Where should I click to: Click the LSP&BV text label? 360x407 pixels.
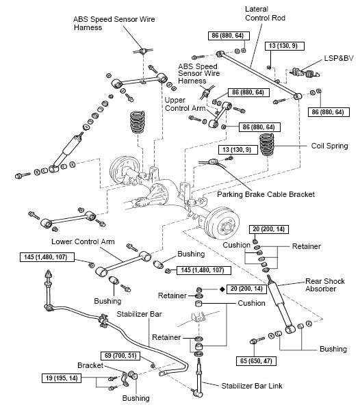tap(339, 58)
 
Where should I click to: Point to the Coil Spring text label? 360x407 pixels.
tap(329, 146)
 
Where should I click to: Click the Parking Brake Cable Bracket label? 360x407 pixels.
tap(266, 194)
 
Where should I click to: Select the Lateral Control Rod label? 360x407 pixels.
tap(265, 14)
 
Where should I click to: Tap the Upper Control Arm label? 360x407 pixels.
tap(185, 104)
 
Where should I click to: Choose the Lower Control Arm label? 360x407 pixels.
tap(83, 241)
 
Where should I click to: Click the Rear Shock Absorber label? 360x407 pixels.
tap(325, 285)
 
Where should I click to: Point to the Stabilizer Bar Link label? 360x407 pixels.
tap(251, 386)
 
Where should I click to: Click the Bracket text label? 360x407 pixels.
tap(90, 365)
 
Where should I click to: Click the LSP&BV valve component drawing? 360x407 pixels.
tap(305, 73)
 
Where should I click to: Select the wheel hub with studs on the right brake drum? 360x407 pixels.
tap(227, 226)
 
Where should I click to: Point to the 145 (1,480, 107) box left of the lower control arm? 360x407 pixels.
tap(47, 257)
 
